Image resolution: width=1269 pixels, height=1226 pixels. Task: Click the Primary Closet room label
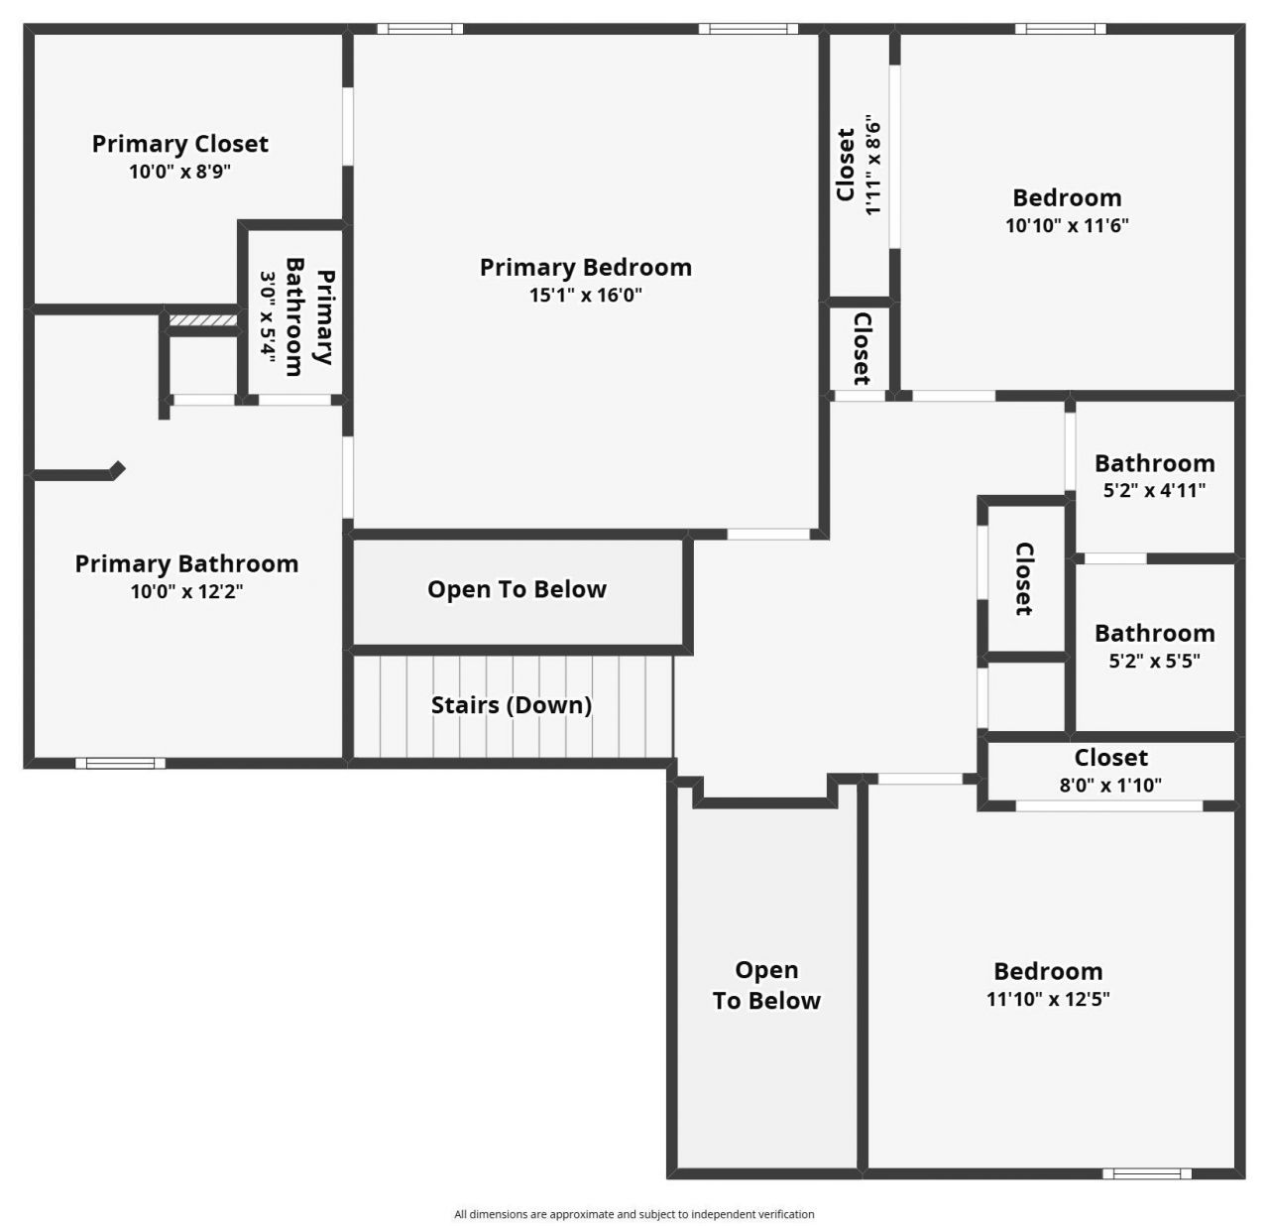(x=179, y=144)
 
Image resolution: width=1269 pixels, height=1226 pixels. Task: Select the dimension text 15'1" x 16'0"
(x=585, y=295)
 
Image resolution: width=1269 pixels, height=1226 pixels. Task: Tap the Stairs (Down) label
(x=511, y=705)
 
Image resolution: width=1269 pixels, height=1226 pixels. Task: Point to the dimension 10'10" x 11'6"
(x=1067, y=225)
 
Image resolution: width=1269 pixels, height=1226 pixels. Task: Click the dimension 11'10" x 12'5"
(x=1048, y=999)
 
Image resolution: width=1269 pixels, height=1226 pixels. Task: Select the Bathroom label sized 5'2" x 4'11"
(x=1154, y=463)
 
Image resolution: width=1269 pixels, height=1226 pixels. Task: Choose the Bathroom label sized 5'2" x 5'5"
(x=1154, y=633)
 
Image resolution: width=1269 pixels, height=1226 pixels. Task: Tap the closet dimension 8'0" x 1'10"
(x=1110, y=785)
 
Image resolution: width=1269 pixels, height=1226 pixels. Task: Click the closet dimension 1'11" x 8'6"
(x=872, y=166)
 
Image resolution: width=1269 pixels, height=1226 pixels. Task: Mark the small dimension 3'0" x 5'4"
(x=268, y=315)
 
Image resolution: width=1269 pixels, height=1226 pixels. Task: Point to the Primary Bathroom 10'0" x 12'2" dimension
(x=186, y=591)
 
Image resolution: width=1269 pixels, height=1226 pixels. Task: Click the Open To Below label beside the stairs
(x=517, y=589)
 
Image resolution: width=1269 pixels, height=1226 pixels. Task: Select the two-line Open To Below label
(x=766, y=985)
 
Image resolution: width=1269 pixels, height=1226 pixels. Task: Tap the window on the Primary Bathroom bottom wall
(x=121, y=763)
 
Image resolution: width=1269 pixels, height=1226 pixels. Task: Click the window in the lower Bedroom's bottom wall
(x=1147, y=1173)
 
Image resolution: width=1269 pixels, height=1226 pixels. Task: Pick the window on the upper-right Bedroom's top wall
(x=1060, y=29)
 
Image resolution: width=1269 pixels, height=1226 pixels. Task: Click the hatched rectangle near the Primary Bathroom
(x=202, y=320)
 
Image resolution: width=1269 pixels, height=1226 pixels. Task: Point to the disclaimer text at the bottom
(x=634, y=1214)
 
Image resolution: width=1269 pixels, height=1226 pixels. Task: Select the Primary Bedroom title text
(x=585, y=268)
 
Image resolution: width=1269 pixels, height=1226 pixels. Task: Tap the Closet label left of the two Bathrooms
(x=1024, y=578)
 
